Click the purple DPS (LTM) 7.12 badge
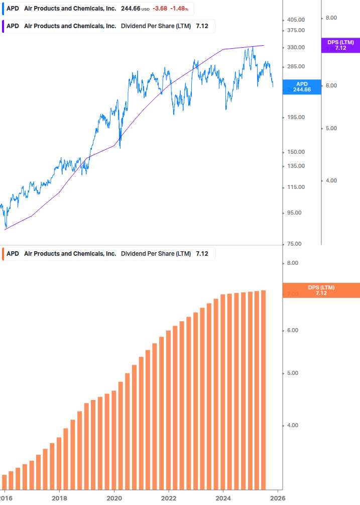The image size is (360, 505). pyautogui.click(x=340, y=45)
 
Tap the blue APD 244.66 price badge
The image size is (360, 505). pyautogui.click(x=302, y=87)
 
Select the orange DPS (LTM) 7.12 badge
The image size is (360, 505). pyautogui.click(x=321, y=290)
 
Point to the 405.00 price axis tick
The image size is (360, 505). pyautogui.click(x=296, y=20)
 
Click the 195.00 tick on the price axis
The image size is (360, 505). pyautogui.click(x=296, y=117)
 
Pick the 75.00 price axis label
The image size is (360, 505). pyautogui.click(x=296, y=244)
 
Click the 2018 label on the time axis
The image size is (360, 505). pyautogui.click(x=59, y=497)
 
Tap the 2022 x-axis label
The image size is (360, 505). pyautogui.click(x=169, y=497)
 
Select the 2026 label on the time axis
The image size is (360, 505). pyautogui.click(x=278, y=497)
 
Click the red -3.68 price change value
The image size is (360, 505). pyautogui.click(x=161, y=9)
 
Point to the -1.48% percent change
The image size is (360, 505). pyautogui.click(x=180, y=9)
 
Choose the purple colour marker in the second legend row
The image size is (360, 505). pyautogui.click(x=4, y=26)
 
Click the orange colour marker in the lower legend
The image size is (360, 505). pyautogui.click(x=4, y=254)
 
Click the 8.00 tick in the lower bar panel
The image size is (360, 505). pyautogui.click(x=292, y=263)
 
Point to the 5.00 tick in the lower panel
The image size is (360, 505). pyautogui.click(x=292, y=373)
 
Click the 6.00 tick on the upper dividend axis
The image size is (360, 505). pyautogui.click(x=331, y=85)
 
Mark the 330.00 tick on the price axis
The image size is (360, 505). pyautogui.click(x=296, y=47)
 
